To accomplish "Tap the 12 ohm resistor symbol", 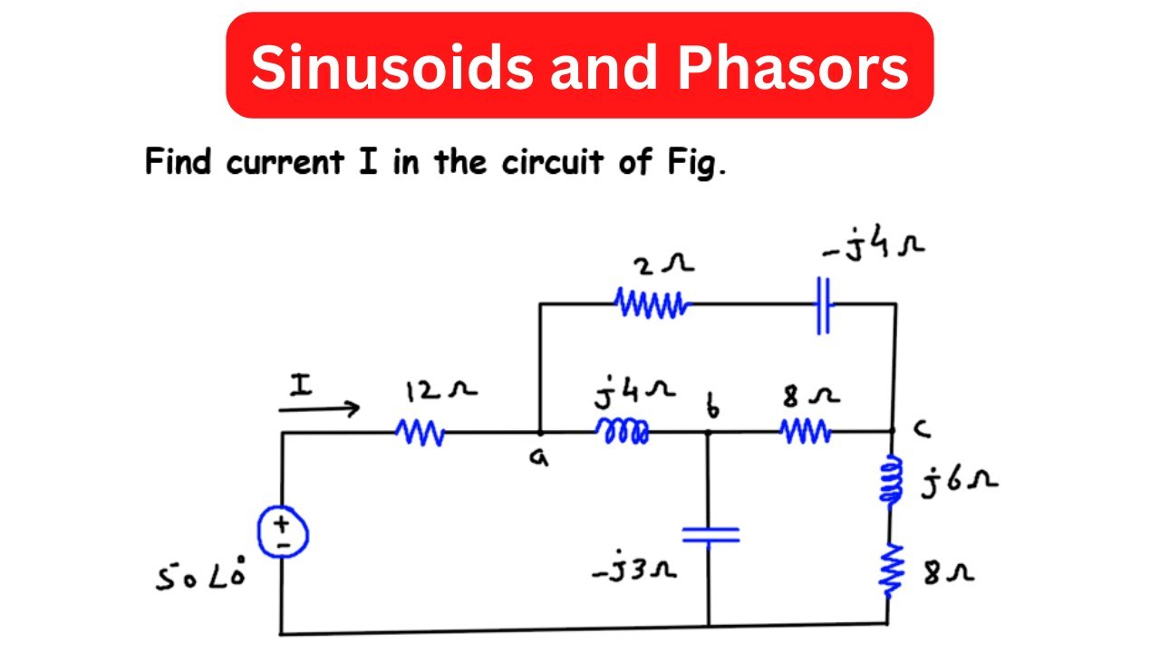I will tap(420, 433).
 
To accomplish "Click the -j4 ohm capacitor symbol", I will tap(823, 306).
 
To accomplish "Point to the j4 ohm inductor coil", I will tap(623, 432).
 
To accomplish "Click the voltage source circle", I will tap(282, 532).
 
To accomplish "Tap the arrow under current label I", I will tap(319, 410).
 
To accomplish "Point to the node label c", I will tap(923, 431).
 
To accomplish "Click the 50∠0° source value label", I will tap(199, 577).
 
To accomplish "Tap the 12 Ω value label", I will tap(441, 391).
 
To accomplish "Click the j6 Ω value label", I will tap(960, 482).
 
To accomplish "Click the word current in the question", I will tap(283, 164).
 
